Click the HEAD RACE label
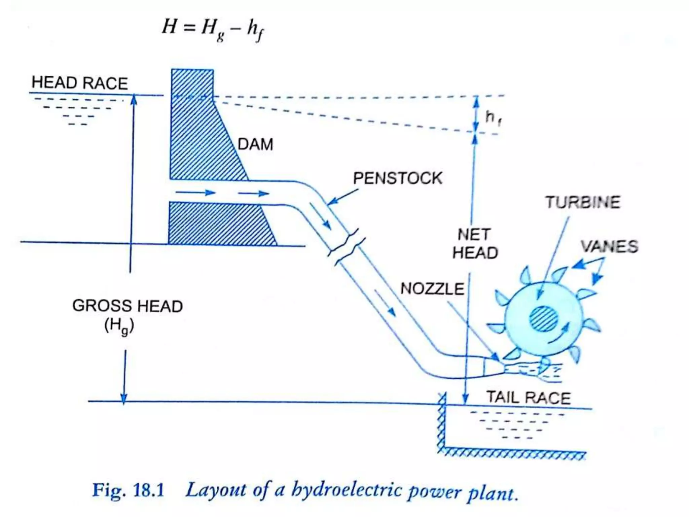tap(80, 83)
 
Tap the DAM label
tap(255, 144)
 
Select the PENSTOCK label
tap(397, 178)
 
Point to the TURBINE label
tap(582, 202)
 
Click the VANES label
tap(609, 246)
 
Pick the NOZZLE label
tap(432, 289)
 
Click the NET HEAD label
tap(475, 244)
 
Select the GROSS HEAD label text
tap(127, 306)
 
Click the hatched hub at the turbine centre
tap(543, 319)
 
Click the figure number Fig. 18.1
tap(128, 490)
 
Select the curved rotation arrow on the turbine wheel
tap(559, 334)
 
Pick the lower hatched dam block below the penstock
tap(219, 224)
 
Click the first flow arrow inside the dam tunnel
tap(195, 193)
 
